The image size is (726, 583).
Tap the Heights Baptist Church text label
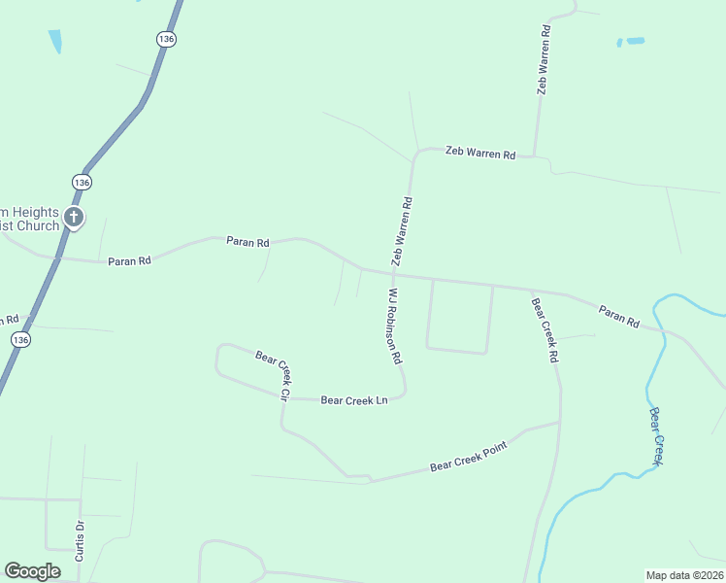30,220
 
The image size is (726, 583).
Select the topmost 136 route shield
166,38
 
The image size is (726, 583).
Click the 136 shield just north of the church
82,183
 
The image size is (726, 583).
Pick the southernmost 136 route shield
21,339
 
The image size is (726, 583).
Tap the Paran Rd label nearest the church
129,260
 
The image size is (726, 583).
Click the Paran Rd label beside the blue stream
619,315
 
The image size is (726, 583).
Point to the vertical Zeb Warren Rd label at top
544,58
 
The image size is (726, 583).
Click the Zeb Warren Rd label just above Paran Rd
402,231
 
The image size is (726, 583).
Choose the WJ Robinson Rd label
394,325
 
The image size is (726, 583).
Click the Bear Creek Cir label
274,375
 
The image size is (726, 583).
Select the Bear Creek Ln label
353,399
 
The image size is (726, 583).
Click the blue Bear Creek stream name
657,435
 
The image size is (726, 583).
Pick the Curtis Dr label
81,541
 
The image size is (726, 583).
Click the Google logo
32,571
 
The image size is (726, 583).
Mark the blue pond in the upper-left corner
55,41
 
